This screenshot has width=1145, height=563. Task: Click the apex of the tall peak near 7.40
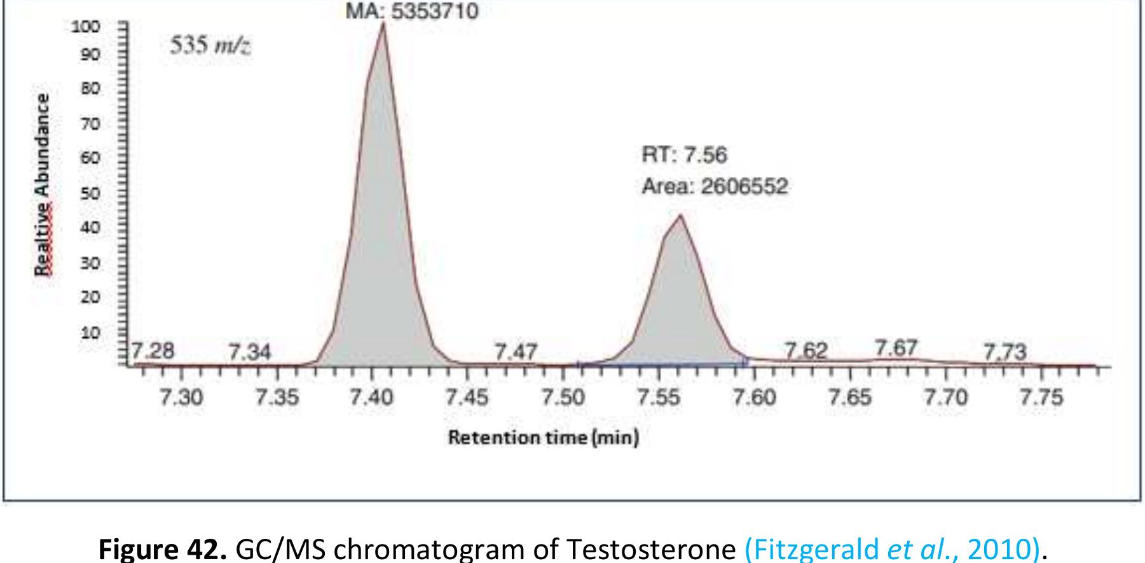point(383,24)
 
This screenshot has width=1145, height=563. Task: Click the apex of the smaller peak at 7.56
point(680,216)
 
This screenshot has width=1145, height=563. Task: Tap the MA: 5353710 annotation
point(411,11)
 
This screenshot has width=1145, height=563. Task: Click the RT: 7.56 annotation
point(684,155)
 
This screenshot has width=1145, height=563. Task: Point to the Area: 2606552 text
point(715,186)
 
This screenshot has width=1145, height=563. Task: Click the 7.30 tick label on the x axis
point(181,398)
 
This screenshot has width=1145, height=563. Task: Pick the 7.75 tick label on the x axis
point(1041,398)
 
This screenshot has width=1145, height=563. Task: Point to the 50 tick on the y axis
point(92,193)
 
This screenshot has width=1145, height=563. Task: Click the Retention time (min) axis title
point(544,438)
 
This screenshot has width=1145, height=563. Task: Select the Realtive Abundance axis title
point(43,184)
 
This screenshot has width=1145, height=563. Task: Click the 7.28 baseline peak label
point(153,351)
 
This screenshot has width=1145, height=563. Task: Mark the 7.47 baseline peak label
point(516,351)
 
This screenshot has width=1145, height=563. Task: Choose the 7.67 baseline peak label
point(895,348)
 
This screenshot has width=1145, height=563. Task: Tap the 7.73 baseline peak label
point(1004,351)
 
